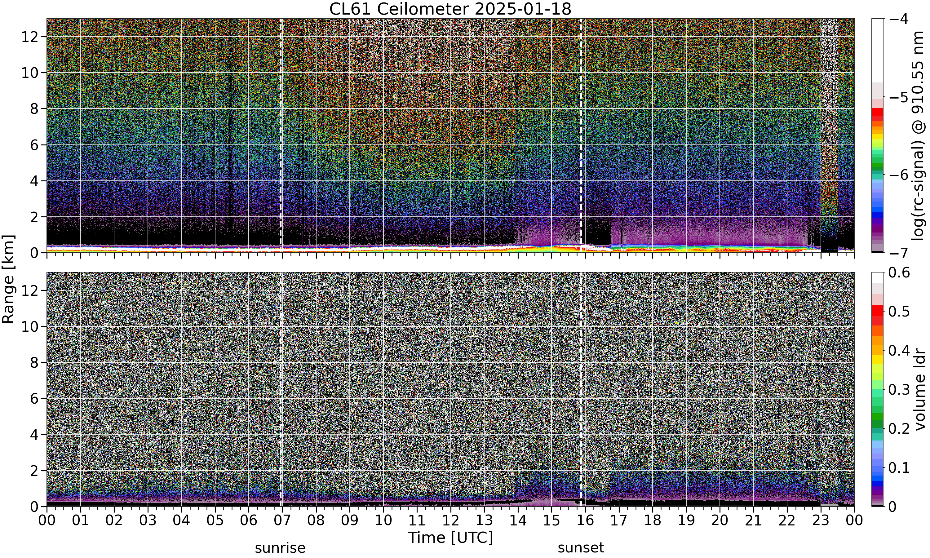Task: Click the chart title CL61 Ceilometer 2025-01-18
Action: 450,9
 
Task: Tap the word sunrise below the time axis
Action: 280,548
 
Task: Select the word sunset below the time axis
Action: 581,548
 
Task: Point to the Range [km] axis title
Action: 8,279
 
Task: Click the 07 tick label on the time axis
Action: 282,520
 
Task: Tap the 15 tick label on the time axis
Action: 551,520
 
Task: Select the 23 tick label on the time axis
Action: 821,520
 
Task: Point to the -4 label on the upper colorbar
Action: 898,19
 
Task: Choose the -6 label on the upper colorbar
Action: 898,175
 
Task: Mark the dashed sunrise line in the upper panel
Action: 281,136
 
